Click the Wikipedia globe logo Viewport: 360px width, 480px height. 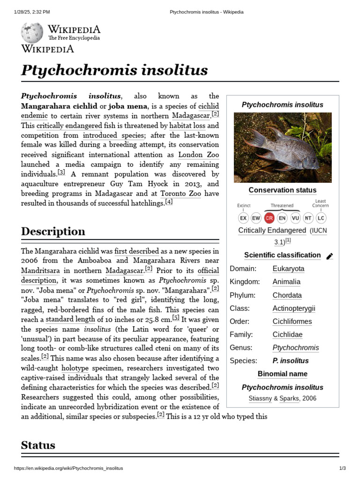coord(32,33)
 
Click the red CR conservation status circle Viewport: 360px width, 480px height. coord(269,218)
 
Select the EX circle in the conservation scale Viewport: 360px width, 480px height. coord(243,218)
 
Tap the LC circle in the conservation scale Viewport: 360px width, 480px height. coord(321,218)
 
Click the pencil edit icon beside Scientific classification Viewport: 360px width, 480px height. coord(330,256)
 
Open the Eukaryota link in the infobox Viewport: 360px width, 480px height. coord(288,269)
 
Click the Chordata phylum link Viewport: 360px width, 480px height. coord(287,295)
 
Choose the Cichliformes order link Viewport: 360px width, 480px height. coord(292,322)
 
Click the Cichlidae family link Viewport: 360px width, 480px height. coord(287,335)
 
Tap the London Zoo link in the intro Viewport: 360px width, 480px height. coord(199,155)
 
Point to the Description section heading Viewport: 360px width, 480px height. coord(53,232)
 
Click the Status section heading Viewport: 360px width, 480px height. coord(38,445)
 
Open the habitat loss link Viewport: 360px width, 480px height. coord(187,126)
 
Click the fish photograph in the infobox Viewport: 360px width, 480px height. coord(283,148)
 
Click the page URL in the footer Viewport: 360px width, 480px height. coord(68,468)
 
